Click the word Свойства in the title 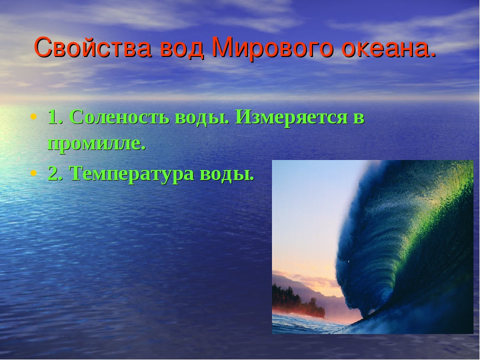coord(93,47)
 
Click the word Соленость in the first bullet coord(119,117)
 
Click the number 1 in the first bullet coord(52,117)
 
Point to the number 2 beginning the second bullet coord(53,173)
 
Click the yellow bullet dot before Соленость coord(33,116)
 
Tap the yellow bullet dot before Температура coord(33,173)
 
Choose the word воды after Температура coord(226,174)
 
